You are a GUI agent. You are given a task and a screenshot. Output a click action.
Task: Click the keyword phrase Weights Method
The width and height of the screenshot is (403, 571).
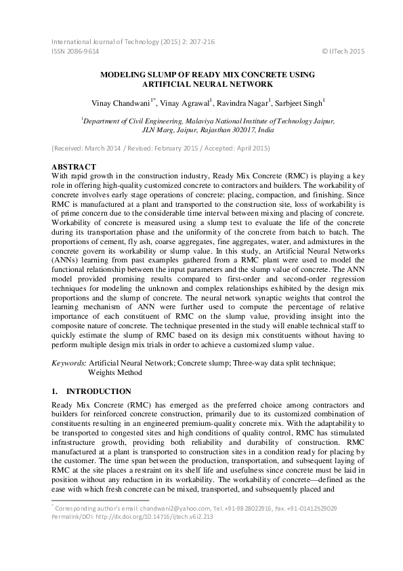click(115, 372)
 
